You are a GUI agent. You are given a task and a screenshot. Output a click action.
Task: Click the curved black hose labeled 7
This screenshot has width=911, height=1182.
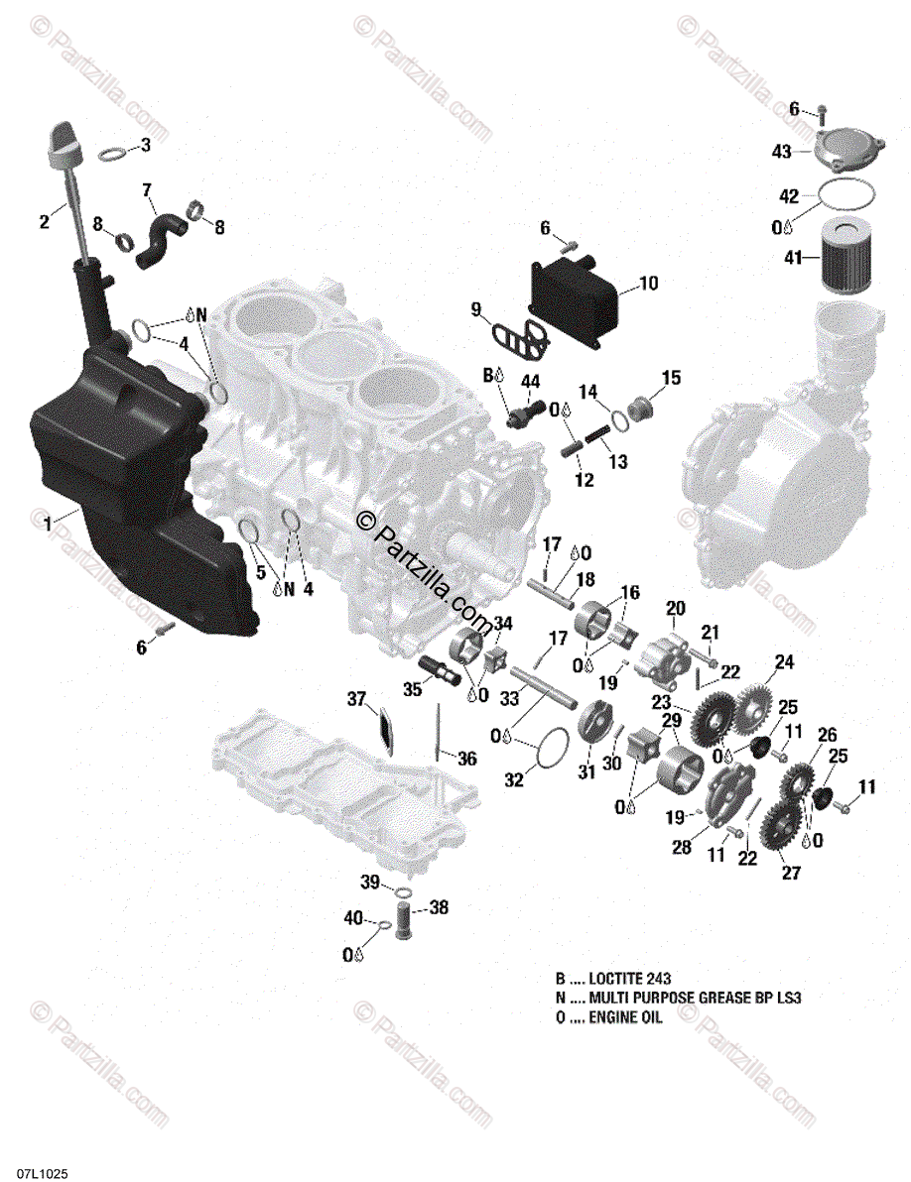click(160, 238)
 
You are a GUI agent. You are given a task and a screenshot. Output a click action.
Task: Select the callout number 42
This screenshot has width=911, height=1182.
click(788, 195)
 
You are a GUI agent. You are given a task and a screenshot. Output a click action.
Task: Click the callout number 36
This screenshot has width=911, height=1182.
click(467, 759)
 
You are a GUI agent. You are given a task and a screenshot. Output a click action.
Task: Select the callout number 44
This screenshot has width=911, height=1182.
click(531, 381)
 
